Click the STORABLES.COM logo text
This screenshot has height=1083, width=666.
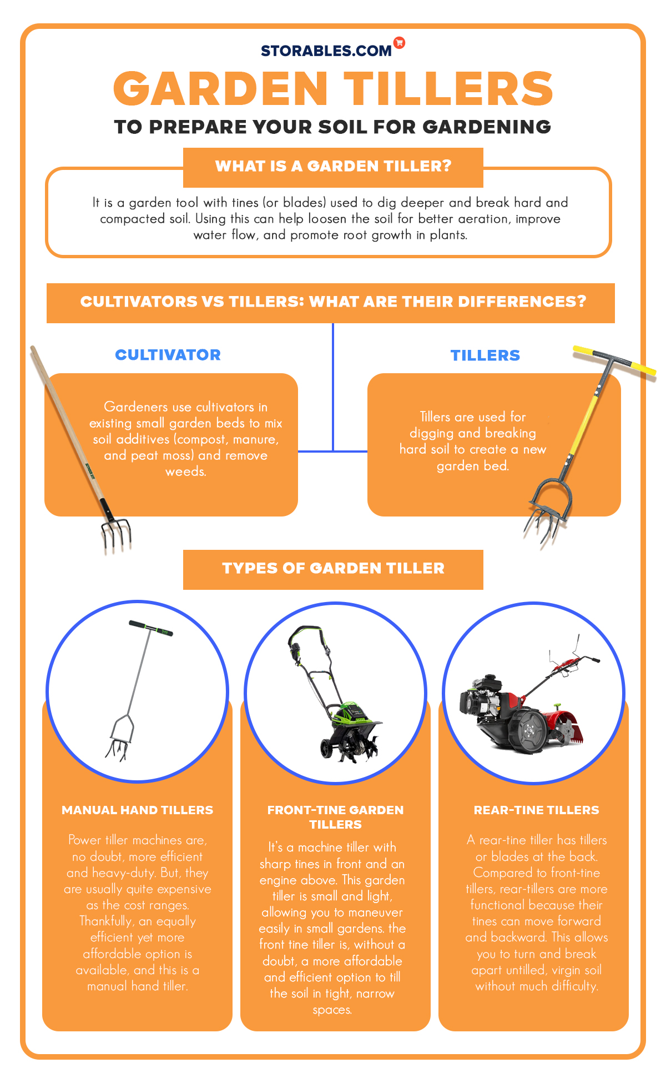[326, 51]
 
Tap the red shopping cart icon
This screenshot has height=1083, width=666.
[399, 42]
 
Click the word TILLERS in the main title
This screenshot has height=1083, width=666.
[448, 89]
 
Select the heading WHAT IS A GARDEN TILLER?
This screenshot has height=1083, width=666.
[333, 166]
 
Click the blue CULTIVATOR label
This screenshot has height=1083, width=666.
[168, 355]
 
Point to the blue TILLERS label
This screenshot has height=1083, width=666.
[485, 355]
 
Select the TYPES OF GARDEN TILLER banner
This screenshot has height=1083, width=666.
[333, 569]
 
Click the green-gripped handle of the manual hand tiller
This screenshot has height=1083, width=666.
[151, 628]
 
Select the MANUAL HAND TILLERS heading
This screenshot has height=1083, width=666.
[138, 810]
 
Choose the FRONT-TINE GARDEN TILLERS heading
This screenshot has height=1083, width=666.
[335, 817]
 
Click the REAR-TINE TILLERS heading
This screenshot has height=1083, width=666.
[536, 810]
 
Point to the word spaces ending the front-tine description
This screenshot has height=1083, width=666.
[332, 1010]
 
